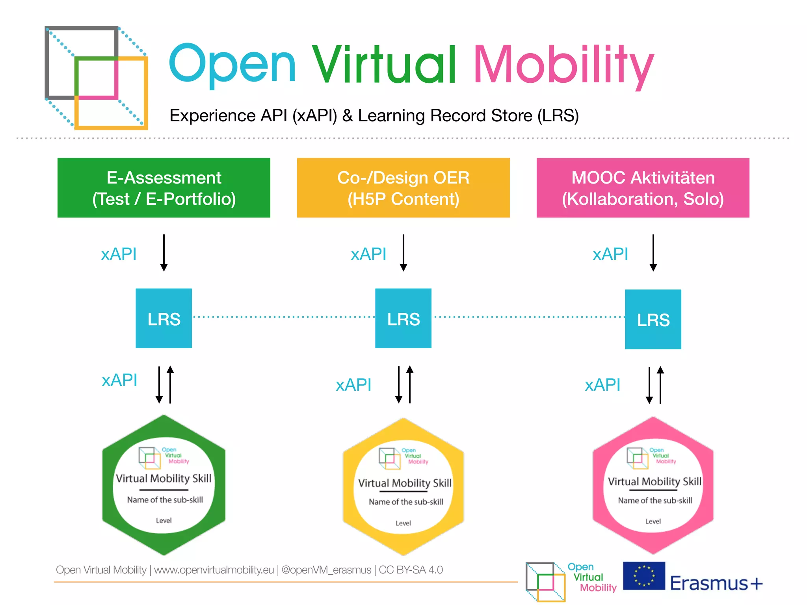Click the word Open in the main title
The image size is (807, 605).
(x=232, y=65)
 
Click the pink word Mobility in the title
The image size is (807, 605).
(x=563, y=65)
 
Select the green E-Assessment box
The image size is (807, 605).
(x=164, y=188)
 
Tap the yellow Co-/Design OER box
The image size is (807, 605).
(x=403, y=188)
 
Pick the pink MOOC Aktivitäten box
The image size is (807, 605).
(x=643, y=188)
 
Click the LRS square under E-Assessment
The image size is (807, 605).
(x=164, y=318)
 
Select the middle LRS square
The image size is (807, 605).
(x=403, y=318)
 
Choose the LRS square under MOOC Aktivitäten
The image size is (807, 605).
(x=653, y=319)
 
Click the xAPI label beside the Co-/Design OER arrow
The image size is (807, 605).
(x=368, y=254)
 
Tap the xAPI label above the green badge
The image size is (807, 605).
(x=119, y=380)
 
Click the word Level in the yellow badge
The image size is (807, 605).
(x=403, y=523)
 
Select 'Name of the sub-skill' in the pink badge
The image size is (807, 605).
(x=655, y=500)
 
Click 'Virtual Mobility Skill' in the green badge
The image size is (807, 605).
(x=164, y=478)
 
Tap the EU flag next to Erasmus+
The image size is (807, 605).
(x=644, y=575)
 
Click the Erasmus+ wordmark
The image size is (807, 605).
(x=716, y=583)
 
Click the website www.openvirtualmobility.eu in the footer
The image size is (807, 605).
(x=214, y=570)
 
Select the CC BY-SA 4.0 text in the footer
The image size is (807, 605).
(x=411, y=570)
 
